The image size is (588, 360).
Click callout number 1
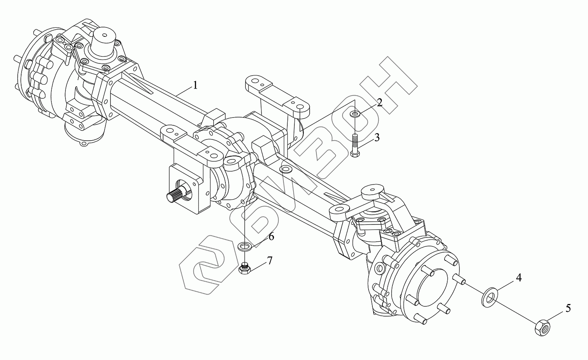(195, 85)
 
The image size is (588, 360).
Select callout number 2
(379, 103)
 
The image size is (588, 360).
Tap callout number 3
(377, 137)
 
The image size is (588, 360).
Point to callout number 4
(519, 278)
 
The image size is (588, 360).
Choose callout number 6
(271, 237)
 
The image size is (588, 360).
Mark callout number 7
(269, 261)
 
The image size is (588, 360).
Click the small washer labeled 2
(355, 114)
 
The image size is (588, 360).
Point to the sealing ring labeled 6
(245, 246)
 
